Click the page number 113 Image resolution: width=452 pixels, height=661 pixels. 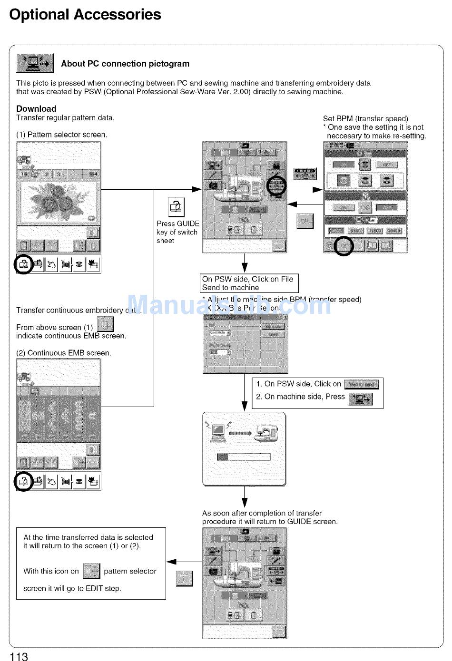click(x=19, y=656)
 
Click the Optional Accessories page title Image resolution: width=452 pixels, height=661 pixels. click(x=85, y=15)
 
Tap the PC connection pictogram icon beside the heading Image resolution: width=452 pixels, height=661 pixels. click(x=35, y=63)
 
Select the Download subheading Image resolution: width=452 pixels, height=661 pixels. click(x=36, y=108)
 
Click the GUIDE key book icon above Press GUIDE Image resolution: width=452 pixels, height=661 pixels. click(x=176, y=207)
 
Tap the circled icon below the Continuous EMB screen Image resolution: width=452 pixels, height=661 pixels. click(x=23, y=481)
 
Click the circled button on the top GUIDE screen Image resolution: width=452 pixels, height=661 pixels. click(x=276, y=185)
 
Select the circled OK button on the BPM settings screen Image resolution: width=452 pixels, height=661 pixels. click(x=344, y=245)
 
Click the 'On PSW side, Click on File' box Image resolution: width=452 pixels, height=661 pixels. click(x=249, y=283)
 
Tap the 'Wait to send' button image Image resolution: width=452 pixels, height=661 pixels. click(x=362, y=384)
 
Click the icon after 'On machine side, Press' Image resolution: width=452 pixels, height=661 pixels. click(x=361, y=399)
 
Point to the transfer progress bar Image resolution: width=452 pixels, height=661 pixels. click(x=244, y=457)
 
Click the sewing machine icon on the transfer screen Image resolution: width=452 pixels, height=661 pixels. click(x=266, y=432)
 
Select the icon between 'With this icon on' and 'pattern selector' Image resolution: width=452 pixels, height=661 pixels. click(x=91, y=571)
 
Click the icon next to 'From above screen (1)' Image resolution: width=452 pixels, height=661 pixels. click(x=105, y=324)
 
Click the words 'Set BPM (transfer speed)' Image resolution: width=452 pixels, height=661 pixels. click(x=365, y=118)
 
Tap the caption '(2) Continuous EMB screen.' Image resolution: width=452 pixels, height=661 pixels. click(x=64, y=353)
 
